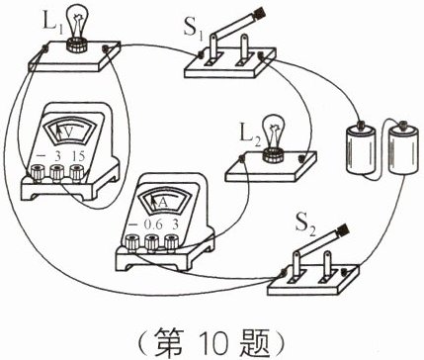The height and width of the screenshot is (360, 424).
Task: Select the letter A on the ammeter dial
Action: (160, 202)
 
